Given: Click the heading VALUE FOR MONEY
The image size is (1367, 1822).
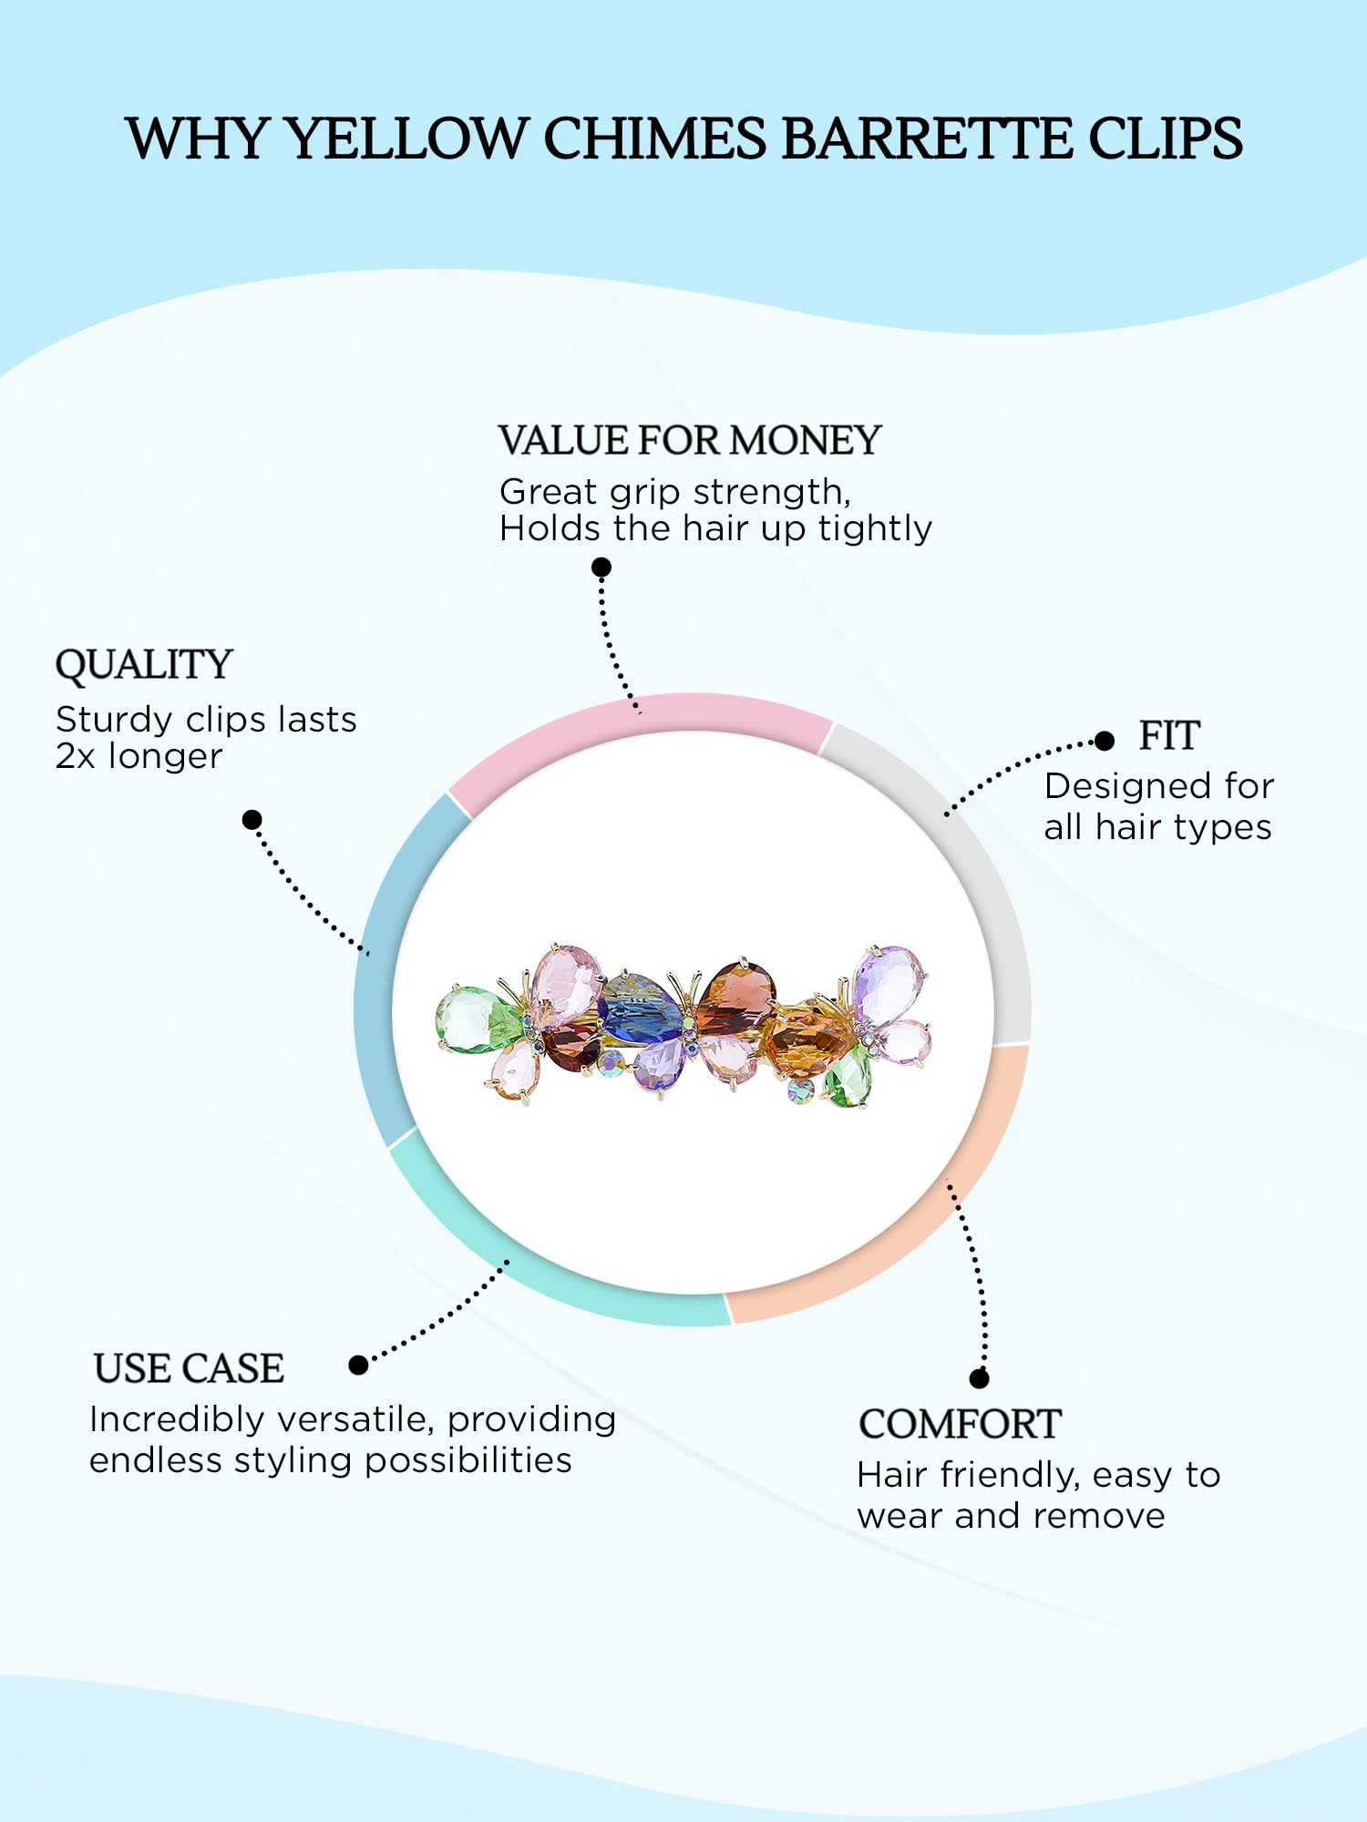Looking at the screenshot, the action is pyautogui.click(x=690, y=440).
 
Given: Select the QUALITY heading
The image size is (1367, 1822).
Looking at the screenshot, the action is pyautogui.click(x=144, y=665).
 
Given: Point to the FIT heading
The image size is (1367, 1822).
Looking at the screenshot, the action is pyautogui.click(x=1169, y=735).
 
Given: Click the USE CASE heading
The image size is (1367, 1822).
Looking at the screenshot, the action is pyautogui.click(x=189, y=1368).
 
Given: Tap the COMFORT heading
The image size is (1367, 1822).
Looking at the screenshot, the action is pyautogui.click(x=960, y=1424).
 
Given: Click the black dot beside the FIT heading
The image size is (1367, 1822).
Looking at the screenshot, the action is pyautogui.click(x=1105, y=741).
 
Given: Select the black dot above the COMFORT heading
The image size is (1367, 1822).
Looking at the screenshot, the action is pyautogui.click(x=980, y=1378).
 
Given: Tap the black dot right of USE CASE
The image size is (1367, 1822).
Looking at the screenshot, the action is pyautogui.click(x=358, y=1365).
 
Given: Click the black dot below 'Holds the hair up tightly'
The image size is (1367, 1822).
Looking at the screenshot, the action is pyautogui.click(x=601, y=568).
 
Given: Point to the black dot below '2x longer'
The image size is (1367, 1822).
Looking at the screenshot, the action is pyautogui.click(x=252, y=820).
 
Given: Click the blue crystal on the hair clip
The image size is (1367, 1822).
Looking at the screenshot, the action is pyautogui.click(x=640, y=1009).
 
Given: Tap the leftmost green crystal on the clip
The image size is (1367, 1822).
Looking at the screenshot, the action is pyautogui.click(x=476, y=1020).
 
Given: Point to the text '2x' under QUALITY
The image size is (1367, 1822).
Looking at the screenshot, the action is pyautogui.click(x=75, y=757).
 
